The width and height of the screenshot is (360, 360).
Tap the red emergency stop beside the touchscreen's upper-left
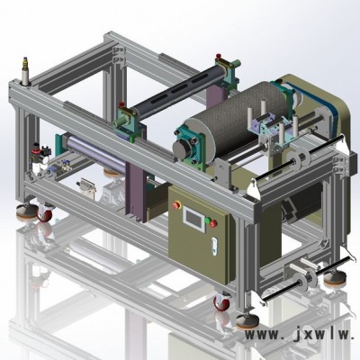point(176,205)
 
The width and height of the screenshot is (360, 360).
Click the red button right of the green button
point(213,223)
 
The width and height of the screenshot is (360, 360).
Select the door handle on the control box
point(214,247)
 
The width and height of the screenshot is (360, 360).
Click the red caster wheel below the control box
point(221,302)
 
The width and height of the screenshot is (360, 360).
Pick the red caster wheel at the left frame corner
point(44,213)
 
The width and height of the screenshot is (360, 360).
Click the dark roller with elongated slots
point(177,89)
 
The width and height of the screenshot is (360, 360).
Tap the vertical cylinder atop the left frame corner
point(25,71)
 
